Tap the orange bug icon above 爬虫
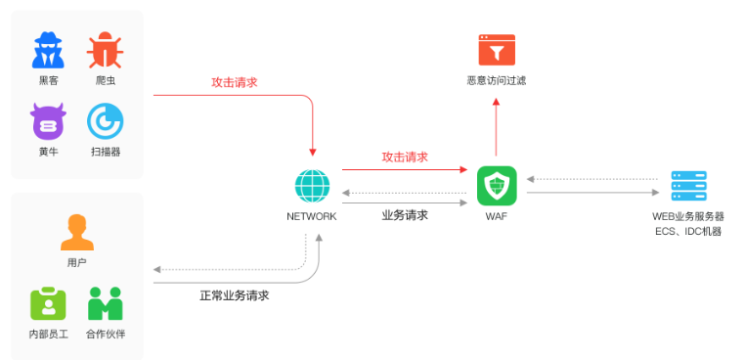point(105,49)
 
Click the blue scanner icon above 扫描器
point(105,121)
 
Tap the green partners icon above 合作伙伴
point(105,304)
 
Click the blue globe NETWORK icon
point(312,186)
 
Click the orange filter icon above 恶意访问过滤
point(496,50)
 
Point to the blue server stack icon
point(688,186)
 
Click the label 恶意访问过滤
point(496,81)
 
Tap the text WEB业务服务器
point(688,216)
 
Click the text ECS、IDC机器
point(688,232)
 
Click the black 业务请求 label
point(404,215)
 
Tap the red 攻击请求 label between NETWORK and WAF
point(404,157)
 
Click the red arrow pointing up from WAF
point(496,127)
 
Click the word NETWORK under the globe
point(312,216)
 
